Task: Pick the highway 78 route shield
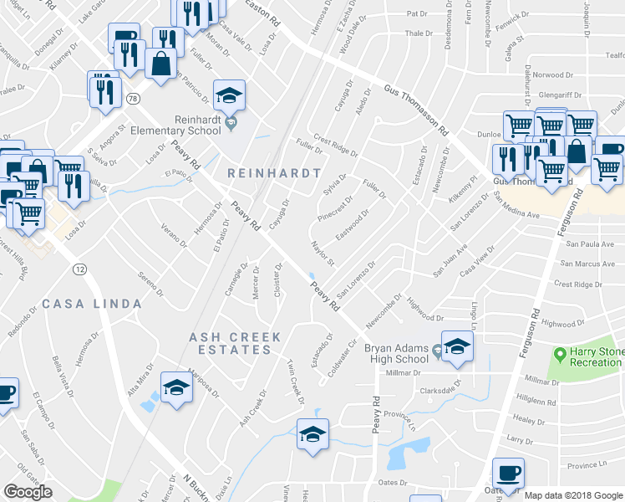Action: click(133, 98)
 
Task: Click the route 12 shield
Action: click(79, 269)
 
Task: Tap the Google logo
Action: click(28, 491)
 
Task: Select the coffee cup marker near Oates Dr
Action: click(508, 473)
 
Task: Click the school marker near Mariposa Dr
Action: click(175, 386)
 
